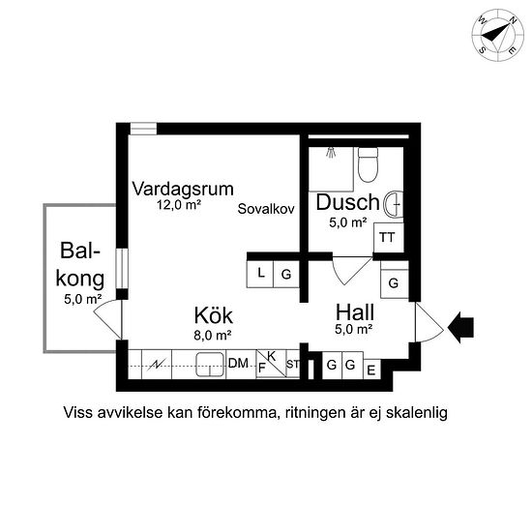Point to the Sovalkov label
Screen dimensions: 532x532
265,208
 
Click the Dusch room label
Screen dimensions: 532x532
347,203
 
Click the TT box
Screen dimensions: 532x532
388,237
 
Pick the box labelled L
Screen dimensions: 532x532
261,275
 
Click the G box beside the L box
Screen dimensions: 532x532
286,275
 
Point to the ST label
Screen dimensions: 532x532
292,366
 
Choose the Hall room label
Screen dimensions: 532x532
354,313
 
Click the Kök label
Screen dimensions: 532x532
213,316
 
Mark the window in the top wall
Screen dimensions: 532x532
143,128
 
